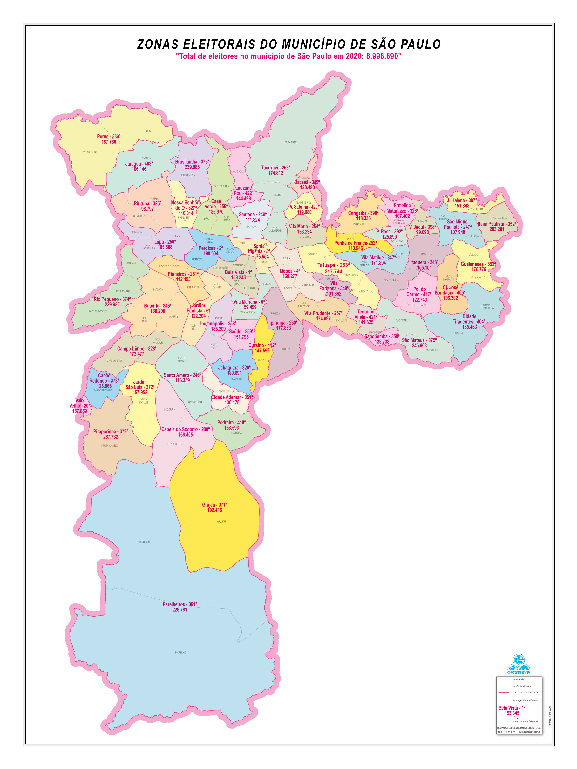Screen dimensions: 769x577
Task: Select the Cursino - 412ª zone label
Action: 262,345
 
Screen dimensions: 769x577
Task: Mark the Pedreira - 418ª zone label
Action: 231,422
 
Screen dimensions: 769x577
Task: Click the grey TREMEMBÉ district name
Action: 290,142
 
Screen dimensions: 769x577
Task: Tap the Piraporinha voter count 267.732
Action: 111,437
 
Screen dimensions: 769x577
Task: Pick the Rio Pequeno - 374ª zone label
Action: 112,299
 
